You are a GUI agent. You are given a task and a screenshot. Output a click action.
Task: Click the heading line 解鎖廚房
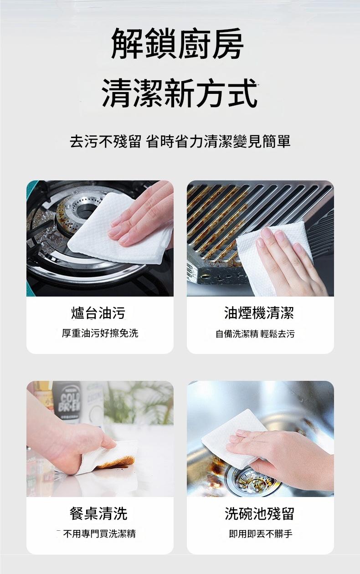pyautogui.click(x=177, y=44)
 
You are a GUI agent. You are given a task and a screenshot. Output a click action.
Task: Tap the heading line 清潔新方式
pyautogui.click(x=180, y=93)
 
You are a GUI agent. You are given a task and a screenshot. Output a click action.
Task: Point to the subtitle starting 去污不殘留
pyautogui.click(x=180, y=141)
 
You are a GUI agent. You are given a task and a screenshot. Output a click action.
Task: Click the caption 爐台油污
pyautogui.click(x=98, y=313)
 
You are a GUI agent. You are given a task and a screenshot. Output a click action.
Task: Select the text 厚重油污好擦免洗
pyautogui.click(x=100, y=333)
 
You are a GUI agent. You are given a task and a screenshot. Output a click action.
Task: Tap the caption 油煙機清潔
pyautogui.click(x=259, y=313)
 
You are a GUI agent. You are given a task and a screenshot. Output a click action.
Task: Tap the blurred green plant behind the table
pyautogui.click(x=139, y=403)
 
